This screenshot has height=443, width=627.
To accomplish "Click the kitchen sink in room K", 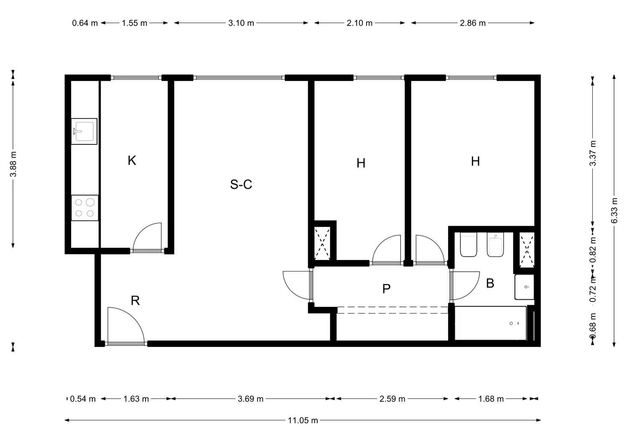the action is click(84, 132).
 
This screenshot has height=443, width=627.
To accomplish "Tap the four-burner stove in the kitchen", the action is click(85, 208).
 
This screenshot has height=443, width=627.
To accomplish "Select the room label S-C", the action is click(241, 185).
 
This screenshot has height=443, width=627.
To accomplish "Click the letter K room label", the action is click(132, 160).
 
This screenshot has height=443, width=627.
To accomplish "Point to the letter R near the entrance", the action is click(135, 301).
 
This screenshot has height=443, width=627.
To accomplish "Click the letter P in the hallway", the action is click(386, 289).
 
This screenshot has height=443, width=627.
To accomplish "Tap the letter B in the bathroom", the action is click(490, 284).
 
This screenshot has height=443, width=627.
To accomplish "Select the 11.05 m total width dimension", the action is click(303, 420).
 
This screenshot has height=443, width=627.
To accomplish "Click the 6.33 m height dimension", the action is click(614, 210).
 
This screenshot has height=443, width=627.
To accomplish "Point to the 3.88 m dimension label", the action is click(13, 164).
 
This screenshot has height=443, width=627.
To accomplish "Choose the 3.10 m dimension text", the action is click(241, 23).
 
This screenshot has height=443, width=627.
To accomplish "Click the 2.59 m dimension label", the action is click(392, 399).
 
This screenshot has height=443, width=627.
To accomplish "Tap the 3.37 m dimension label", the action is click(593, 153).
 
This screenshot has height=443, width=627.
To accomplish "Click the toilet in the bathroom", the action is click(468, 244).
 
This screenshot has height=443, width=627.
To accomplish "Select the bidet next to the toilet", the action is click(495, 244).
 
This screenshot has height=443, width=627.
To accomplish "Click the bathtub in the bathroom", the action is click(491, 323).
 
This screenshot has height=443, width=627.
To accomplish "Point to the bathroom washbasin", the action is click(524, 287).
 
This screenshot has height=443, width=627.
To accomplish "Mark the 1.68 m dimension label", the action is click(491, 399).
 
